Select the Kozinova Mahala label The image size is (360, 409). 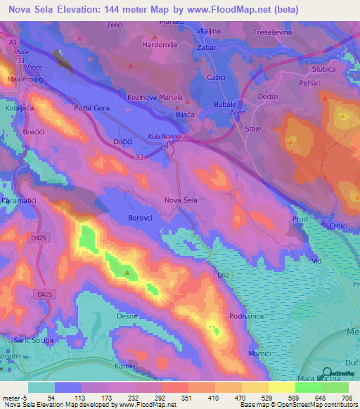point(155,98)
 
